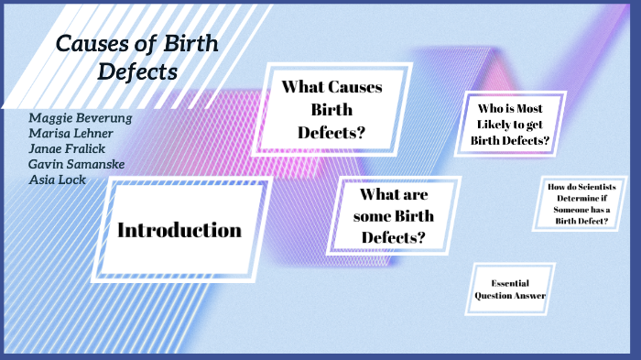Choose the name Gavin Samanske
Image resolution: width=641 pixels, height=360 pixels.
77,165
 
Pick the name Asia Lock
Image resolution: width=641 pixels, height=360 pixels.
57,180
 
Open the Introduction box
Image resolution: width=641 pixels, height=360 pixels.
179,229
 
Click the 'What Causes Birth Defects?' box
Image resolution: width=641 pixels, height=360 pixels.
331,110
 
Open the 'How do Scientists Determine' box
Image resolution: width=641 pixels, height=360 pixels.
581,203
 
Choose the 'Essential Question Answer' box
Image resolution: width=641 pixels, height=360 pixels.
510,289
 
